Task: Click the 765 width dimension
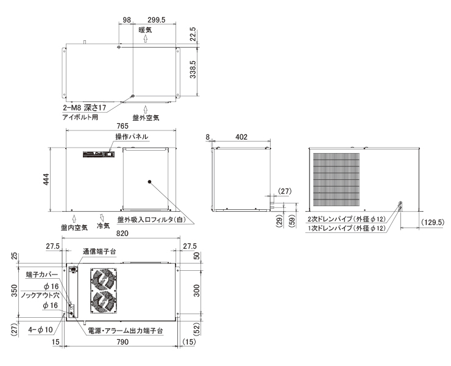tap(123, 126)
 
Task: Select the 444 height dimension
tap(46, 179)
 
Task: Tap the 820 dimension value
tap(123, 233)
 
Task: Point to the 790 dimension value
tap(123, 342)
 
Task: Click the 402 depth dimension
tap(241, 137)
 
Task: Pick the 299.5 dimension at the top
tap(157, 20)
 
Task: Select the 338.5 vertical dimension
tap(193, 70)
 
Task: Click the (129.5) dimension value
tap(433, 222)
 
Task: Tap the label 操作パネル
tap(132, 137)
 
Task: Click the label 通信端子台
tap(99, 251)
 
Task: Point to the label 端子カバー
tap(42, 274)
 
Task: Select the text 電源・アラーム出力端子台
tap(125, 331)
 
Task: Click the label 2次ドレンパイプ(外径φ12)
tap(346, 219)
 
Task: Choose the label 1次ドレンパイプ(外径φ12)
tap(346, 228)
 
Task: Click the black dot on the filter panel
tap(149, 182)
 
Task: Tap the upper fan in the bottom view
tap(103, 279)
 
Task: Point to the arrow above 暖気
tap(146, 38)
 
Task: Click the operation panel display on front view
tap(99, 154)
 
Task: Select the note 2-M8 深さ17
tap(85, 108)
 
